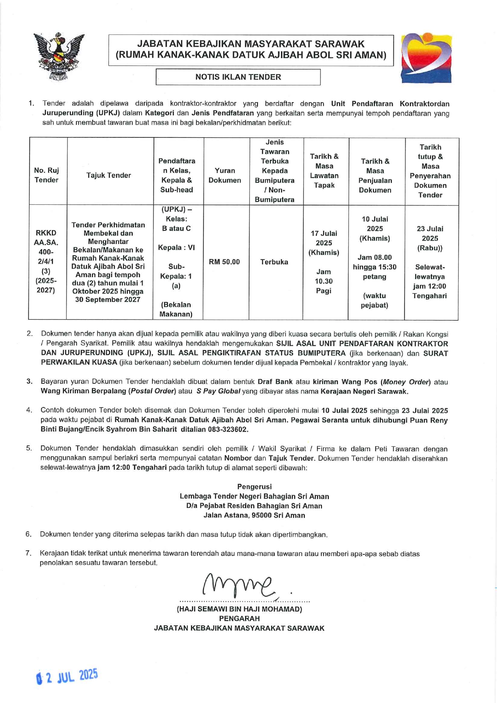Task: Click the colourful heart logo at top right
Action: (427, 58)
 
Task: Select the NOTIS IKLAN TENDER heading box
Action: (238, 77)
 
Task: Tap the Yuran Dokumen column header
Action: (225, 175)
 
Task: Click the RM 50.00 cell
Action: (224, 262)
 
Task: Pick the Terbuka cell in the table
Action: (274, 262)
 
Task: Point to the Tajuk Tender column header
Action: (109, 175)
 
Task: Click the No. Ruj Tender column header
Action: (46, 175)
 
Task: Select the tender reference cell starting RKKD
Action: (46, 262)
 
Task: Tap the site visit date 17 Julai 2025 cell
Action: (324, 262)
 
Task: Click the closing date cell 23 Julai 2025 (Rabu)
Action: (430, 262)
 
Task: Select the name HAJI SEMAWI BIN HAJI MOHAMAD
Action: (239, 609)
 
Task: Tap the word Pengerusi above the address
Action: (254, 487)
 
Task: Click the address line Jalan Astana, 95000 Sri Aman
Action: (254, 516)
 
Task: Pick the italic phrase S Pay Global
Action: (218, 391)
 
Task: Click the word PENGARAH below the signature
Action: (239, 618)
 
